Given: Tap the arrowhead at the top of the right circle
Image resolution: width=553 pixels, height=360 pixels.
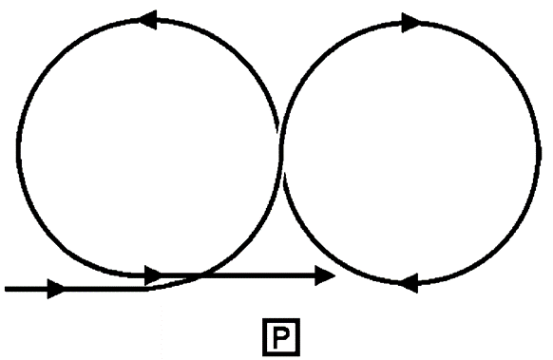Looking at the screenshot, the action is click(410, 22).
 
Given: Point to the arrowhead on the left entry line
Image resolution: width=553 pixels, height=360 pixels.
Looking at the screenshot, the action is click(55, 288).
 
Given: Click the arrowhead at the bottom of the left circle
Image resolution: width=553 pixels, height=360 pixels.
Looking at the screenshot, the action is click(152, 275).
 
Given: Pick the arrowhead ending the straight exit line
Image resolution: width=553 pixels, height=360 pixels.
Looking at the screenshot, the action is click(326, 275).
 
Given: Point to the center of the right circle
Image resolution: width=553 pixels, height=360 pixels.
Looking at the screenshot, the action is click(410, 152).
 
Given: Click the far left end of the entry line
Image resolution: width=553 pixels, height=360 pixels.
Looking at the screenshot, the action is click(6, 288).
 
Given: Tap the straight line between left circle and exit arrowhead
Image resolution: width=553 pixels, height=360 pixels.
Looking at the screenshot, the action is click(257, 275).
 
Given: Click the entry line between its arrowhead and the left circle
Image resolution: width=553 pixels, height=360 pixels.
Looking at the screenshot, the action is click(105, 288).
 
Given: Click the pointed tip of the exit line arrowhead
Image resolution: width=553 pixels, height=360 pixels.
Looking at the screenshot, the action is click(336, 275).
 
